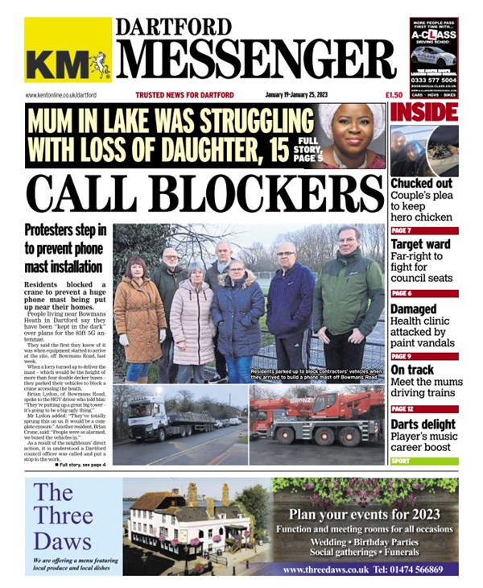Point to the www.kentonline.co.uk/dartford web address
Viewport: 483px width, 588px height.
coord(64,95)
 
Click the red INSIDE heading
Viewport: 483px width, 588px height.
coord(424,112)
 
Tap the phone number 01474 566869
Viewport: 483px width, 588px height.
coord(410,569)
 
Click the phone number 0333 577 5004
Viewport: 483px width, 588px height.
coord(434,81)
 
